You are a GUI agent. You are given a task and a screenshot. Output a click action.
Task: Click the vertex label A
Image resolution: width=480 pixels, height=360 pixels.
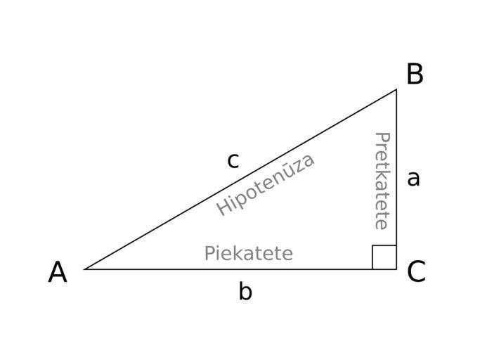coord(58,272)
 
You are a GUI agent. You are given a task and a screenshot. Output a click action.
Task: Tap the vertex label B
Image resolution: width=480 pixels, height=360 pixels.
coord(415,74)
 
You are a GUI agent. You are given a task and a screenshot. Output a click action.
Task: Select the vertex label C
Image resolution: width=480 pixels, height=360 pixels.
coord(416,271)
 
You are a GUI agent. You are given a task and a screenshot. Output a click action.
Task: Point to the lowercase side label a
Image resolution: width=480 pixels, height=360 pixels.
coord(413,179)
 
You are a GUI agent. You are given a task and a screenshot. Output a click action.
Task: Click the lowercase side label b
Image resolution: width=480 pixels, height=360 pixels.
coord(245,291)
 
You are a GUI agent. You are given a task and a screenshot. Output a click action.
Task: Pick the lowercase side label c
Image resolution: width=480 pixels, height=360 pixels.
coord(233,160)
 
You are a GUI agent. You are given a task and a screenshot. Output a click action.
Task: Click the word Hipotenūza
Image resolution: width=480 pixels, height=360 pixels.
coord(265,185)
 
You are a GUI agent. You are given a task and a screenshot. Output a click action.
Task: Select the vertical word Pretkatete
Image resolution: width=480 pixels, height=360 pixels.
coord(382,181)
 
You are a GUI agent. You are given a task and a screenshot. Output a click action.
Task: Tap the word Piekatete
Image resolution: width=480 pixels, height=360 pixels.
coord(249,253)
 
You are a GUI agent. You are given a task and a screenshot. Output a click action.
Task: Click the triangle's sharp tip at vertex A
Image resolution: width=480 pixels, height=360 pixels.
coord(84,269)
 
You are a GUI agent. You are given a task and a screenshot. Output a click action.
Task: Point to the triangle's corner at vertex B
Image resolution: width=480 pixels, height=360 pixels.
coord(396,89)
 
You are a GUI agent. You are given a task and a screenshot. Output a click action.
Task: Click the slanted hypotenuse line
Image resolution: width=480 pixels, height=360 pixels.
coord(240,179)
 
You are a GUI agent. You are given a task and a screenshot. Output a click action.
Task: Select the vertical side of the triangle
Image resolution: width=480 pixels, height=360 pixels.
coord(396,179)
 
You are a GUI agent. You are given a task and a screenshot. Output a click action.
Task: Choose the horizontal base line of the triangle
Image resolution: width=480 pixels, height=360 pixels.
coord(240,269)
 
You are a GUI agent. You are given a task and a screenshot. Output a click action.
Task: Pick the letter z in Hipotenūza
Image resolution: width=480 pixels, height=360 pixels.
coord(299,166)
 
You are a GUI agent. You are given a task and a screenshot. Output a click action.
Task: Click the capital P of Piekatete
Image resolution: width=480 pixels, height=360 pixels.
coord(209,253)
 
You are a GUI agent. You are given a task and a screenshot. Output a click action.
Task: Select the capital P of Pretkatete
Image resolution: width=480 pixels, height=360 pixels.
coord(382,138)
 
